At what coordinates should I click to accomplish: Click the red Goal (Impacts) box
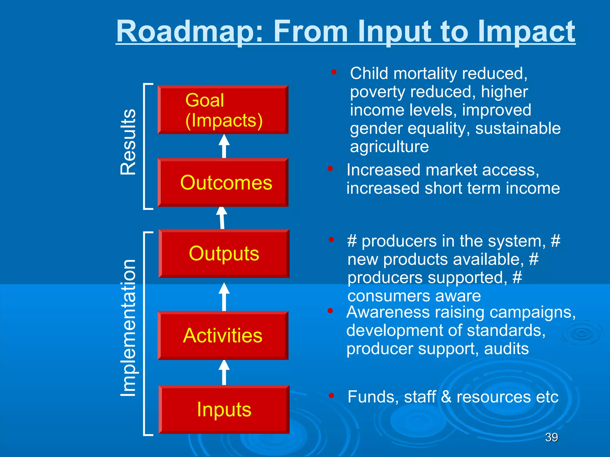click(x=223, y=110)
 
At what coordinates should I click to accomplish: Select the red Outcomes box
click(x=223, y=182)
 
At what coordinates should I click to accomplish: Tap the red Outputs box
click(x=224, y=253)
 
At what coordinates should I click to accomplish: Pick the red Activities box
click(x=223, y=335)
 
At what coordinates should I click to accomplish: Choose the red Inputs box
click(x=224, y=409)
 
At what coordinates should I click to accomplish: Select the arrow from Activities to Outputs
click(x=224, y=297)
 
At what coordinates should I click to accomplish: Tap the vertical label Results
click(x=128, y=142)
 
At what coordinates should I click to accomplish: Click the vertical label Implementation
click(x=128, y=328)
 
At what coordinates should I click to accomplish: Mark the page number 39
click(x=551, y=437)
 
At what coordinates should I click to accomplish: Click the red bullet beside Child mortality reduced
click(x=334, y=72)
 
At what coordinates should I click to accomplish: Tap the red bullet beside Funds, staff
click(x=331, y=395)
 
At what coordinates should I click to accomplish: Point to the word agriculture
click(x=389, y=147)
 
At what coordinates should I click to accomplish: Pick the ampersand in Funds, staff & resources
click(x=446, y=397)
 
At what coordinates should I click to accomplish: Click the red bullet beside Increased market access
click(x=330, y=169)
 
